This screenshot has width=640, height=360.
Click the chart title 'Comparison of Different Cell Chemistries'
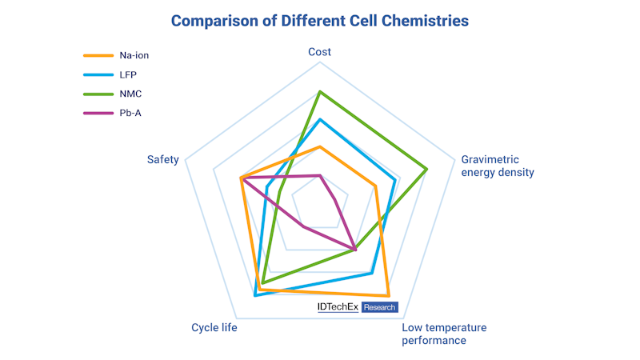coord(319,21)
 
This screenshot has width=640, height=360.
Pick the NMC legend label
coord(130,94)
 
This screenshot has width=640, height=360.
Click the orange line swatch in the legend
coord(98,55)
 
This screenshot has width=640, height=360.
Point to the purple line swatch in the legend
coord(98,113)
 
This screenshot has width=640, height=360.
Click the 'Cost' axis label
coord(320,52)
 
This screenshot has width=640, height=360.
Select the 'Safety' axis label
coord(162,160)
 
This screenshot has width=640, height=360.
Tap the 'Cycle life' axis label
coord(214,328)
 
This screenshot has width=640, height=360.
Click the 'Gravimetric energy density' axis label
coord(497,166)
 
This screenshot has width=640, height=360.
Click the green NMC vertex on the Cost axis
coord(320,91)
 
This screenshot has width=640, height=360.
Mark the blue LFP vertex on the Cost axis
coord(320,119)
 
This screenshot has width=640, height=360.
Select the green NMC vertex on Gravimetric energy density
coord(427,169)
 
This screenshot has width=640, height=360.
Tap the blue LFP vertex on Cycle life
coord(254,295)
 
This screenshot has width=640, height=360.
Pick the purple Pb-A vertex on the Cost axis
coord(320,174)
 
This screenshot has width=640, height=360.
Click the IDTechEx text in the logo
coord(338,307)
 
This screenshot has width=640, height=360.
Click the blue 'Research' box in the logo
coord(380,307)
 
